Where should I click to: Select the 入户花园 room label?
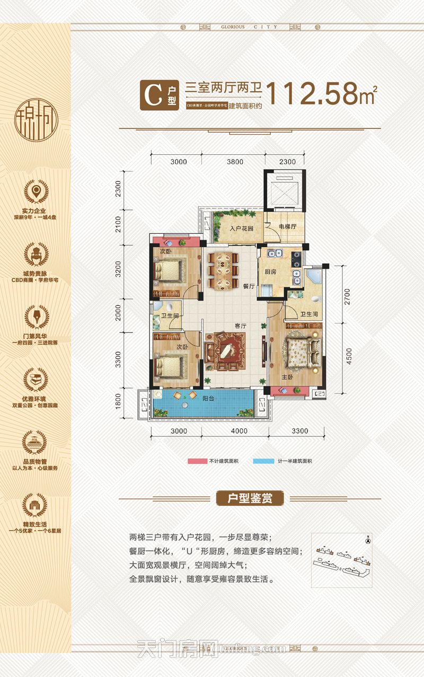(x=241, y=229)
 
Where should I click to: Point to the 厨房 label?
(x=270, y=272)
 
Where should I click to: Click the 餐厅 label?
(x=249, y=286)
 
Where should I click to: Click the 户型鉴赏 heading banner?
(x=251, y=499)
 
